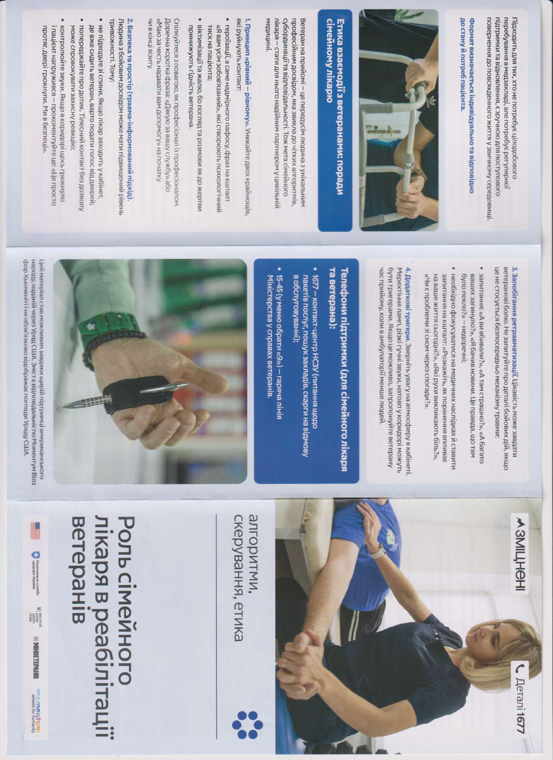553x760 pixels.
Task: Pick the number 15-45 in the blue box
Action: point(281,284)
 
